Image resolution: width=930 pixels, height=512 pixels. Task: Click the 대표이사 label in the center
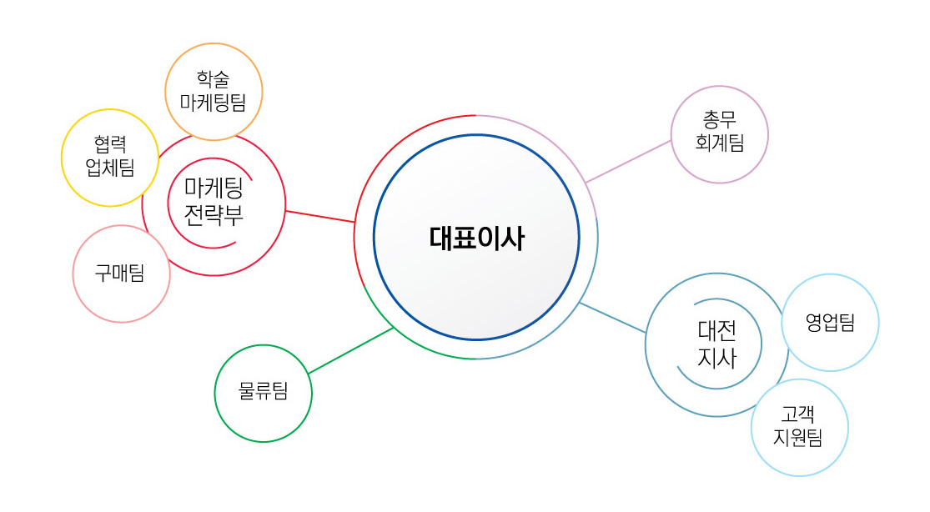(x=476, y=238)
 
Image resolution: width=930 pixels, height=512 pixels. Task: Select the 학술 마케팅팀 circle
(x=214, y=91)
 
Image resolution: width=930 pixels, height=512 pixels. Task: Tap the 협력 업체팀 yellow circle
(x=109, y=158)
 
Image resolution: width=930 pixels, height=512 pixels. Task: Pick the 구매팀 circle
(x=121, y=274)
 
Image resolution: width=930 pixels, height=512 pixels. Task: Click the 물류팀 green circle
(x=263, y=393)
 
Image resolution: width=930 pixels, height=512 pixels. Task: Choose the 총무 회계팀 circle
(x=719, y=133)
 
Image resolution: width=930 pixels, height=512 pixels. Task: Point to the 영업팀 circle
(x=830, y=323)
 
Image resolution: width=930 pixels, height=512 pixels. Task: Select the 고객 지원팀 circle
(x=799, y=427)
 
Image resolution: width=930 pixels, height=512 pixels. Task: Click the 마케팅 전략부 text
(x=214, y=202)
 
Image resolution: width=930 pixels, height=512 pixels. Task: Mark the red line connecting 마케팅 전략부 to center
(x=320, y=216)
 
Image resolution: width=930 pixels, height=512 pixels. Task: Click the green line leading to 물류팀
(x=350, y=350)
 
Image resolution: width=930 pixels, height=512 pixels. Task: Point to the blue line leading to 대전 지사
(x=612, y=318)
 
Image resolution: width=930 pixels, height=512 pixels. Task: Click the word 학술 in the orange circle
(x=214, y=79)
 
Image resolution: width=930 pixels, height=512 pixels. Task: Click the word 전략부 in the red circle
(x=214, y=215)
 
